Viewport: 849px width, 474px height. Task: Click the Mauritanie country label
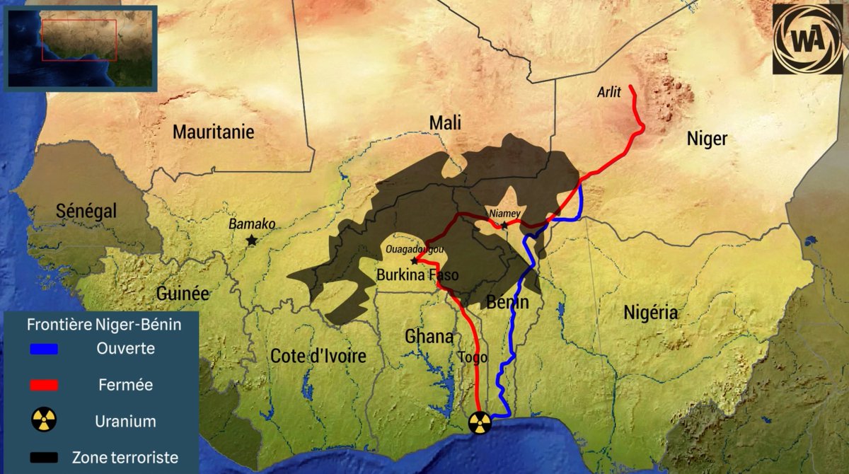coord(213,132)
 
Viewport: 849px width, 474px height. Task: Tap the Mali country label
coord(445,122)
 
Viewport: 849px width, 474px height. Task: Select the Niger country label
coord(707,139)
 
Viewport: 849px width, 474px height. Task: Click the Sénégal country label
coord(86,211)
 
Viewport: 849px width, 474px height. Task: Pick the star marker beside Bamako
coord(251,240)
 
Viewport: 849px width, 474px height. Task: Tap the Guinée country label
coord(183,293)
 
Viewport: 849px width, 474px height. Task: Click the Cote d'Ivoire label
coord(318,356)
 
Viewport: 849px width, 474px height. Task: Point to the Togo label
coord(473,357)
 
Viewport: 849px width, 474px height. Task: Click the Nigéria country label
coord(651,312)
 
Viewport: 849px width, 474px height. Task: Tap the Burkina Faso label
coord(417,275)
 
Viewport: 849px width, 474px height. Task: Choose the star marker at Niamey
coord(504,226)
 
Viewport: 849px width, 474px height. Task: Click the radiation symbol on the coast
coord(479,422)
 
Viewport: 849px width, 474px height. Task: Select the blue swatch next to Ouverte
coord(44,349)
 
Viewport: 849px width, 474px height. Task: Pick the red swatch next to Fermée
coord(44,385)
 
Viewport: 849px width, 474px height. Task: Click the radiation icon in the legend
coord(44,421)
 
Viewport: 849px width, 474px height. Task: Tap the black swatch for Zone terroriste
coord(44,458)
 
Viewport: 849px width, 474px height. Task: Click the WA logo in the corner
coord(807,40)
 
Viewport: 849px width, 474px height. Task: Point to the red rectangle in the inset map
coord(79,40)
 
